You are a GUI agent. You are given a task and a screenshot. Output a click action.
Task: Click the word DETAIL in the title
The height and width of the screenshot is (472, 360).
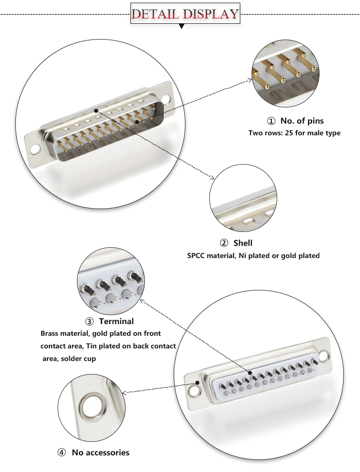pyautogui.click(x=156, y=13)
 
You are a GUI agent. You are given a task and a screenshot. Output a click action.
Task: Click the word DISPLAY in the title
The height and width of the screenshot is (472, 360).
pyautogui.click(x=210, y=13)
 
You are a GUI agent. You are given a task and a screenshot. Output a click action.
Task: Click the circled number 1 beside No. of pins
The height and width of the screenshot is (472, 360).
pyautogui.click(x=271, y=121)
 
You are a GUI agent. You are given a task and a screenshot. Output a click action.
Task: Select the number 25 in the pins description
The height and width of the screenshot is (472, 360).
pyautogui.click(x=289, y=133)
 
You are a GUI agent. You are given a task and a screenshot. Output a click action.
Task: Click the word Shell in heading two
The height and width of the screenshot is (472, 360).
pyautogui.click(x=243, y=243)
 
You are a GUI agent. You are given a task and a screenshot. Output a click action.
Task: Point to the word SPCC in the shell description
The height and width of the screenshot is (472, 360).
pyautogui.click(x=196, y=256)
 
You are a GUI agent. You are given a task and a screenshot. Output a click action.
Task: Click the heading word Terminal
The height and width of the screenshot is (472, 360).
pyautogui.click(x=116, y=321)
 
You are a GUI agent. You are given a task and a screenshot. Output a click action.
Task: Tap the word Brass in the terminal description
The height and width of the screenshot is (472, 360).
pyautogui.click(x=50, y=334)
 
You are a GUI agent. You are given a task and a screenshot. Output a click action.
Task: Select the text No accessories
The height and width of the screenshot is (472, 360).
pyautogui.click(x=100, y=453)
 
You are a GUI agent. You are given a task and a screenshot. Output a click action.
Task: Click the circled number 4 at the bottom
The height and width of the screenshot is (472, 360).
pyautogui.click(x=62, y=453)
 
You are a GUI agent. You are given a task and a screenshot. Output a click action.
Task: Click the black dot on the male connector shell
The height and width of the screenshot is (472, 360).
pyautogui.click(x=96, y=110)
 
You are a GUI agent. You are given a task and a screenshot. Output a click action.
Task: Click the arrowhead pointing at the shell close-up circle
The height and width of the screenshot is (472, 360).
pyautogui.click(x=211, y=178)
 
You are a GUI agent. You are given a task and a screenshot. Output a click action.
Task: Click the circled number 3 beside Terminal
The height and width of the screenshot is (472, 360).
pyautogui.click(x=89, y=321)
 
